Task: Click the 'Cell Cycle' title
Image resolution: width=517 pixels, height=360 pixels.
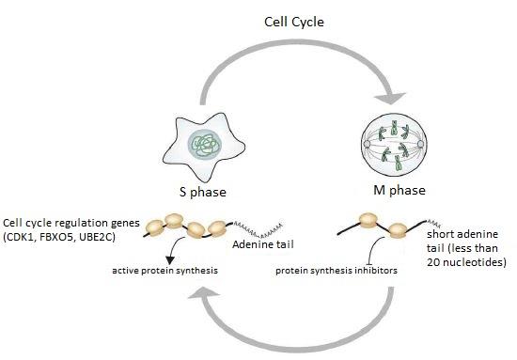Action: (x=294, y=23)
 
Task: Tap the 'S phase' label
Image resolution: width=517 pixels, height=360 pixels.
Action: (x=203, y=192)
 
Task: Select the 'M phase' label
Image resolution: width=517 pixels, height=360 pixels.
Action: (x=399, y=190)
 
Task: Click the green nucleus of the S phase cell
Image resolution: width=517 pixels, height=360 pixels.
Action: (x=204, y=144)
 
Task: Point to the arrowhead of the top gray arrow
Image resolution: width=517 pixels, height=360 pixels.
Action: (x=390, y=98)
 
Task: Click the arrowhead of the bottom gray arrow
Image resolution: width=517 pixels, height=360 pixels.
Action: (x=204, y=292)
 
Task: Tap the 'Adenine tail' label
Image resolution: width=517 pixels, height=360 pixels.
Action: (x=263, y=244)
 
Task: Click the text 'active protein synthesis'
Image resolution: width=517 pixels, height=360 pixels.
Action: (x=164, y=271)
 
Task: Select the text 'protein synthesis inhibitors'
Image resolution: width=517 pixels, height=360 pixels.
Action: (x=337, y=271)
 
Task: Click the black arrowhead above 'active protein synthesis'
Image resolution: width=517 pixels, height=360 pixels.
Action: (x=170, y=260)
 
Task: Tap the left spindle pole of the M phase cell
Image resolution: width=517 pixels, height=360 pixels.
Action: (x=367, y=144)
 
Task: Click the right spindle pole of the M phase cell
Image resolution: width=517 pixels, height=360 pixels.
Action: (x=420, y=144)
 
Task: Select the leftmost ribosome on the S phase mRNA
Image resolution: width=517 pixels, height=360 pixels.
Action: (x=155, y=227)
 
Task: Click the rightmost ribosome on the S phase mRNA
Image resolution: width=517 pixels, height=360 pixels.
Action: (x=217, y=229)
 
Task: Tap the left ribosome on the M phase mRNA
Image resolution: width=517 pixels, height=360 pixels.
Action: (x=368, y=221)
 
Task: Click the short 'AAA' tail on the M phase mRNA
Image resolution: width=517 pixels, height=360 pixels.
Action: (x=434, y=223)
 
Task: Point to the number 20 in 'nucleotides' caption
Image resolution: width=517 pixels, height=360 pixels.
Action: (x=434, y=262)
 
